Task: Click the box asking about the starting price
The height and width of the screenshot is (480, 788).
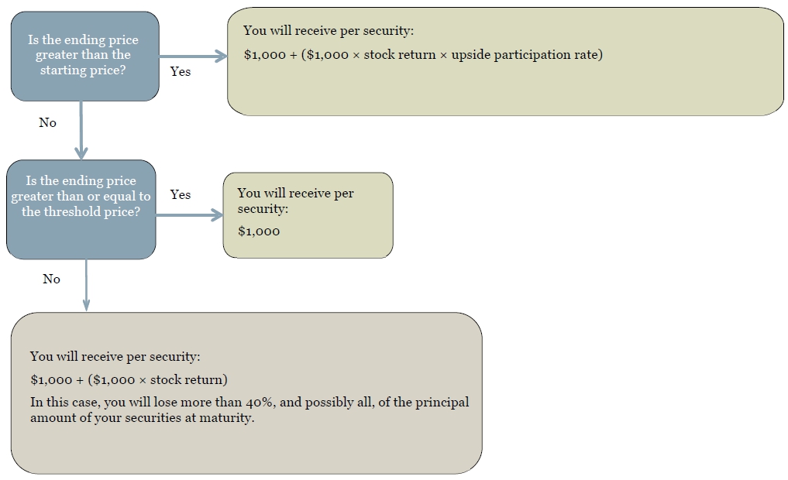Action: pos(85,57)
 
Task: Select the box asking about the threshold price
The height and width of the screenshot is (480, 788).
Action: pos(81,209)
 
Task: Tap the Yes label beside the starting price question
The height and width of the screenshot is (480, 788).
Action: pos(181,71)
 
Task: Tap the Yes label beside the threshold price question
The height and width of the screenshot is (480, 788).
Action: pos(181,194)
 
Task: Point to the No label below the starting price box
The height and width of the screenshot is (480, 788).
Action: pos(48,122)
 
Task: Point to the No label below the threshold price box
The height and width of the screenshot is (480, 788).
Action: pos(51,279)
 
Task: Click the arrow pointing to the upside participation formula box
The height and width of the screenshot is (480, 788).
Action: pos(194,56)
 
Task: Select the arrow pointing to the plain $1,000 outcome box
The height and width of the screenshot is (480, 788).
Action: pos(190,215)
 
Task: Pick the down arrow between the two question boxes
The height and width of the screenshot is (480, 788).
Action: pos(81,131)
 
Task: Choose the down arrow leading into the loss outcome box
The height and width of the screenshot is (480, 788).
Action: pos(86,286)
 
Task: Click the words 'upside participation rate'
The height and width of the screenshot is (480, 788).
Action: pos(527,55)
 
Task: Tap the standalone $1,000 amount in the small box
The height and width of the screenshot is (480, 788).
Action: pos(259,231)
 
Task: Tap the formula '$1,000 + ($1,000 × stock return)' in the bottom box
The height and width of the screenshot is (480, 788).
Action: pos(129,379)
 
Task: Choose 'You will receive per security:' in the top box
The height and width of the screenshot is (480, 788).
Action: pos(329,31)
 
